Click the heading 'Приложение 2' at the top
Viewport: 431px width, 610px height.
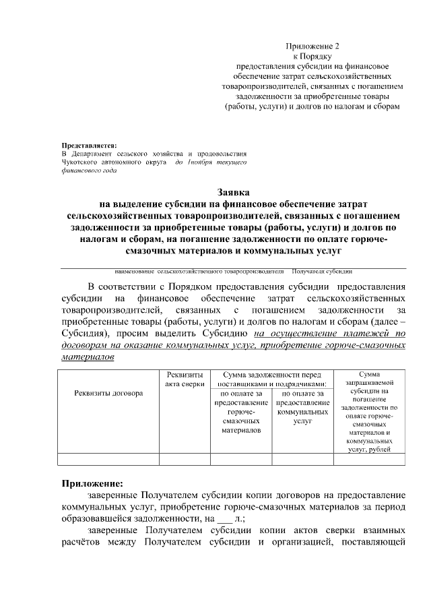[x=313, y=47]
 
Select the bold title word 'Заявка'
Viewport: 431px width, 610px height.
[x=233, y=192]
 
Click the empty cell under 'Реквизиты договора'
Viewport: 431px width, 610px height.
[x=108, y=460]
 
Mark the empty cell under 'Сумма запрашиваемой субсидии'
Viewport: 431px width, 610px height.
[x=369, y=460]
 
